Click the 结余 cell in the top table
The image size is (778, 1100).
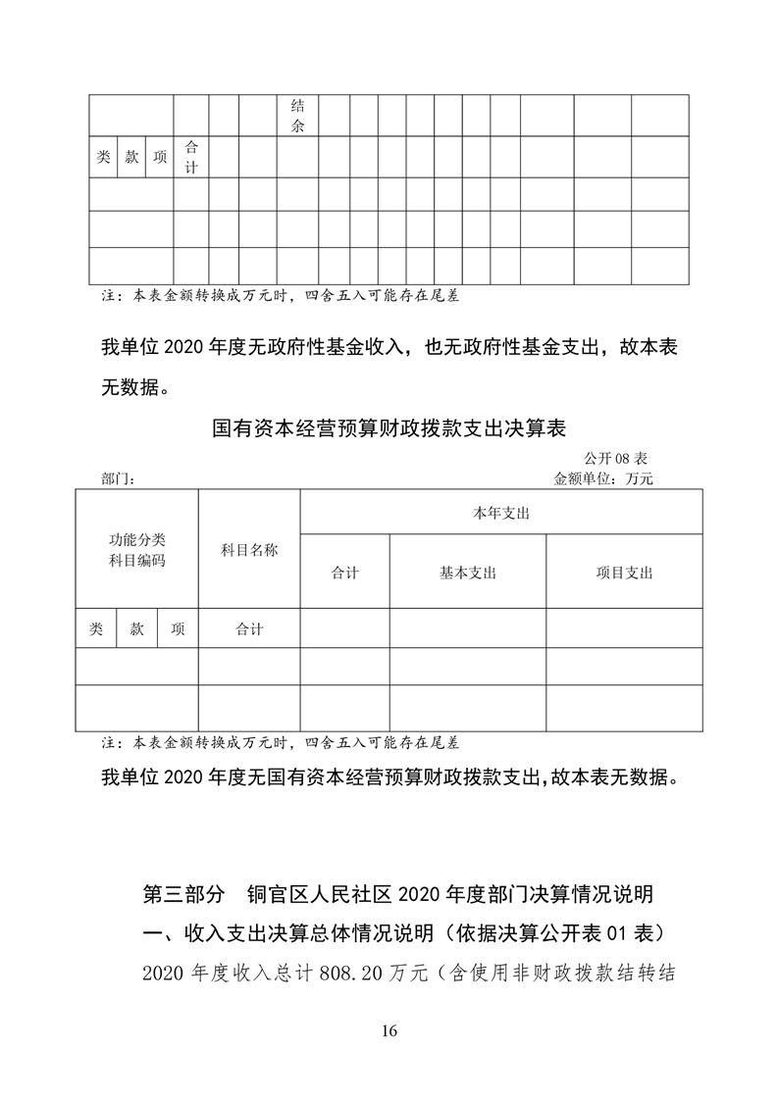point(297,117)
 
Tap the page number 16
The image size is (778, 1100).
point(389,1030)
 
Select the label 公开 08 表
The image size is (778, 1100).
point(615,458)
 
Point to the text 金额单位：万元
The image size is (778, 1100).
point(603,479)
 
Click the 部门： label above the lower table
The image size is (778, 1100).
point(118,479)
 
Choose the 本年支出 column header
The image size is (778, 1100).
point(500,513)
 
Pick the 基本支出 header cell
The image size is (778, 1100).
point(467,573)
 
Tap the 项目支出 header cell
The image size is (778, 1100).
point(624,573)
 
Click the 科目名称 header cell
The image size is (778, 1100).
point(249,550)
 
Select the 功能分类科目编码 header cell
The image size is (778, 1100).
point(137,550)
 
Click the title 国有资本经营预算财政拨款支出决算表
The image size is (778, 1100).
point(389,428)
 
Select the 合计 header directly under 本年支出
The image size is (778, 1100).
point(345,573)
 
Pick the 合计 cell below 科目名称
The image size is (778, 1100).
point(249,629)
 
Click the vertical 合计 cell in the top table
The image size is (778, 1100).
point(191,157)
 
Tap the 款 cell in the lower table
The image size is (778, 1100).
point(137,629)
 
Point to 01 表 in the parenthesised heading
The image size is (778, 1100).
point(633,931)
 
